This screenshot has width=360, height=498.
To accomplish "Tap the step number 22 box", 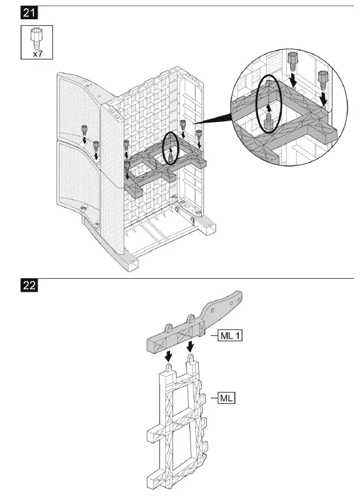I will (28, 286).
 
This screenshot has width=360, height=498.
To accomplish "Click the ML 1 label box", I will (230, 336).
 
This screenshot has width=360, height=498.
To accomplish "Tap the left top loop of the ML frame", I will (170, 367).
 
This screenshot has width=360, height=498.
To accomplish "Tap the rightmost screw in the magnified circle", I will (322, 78).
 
